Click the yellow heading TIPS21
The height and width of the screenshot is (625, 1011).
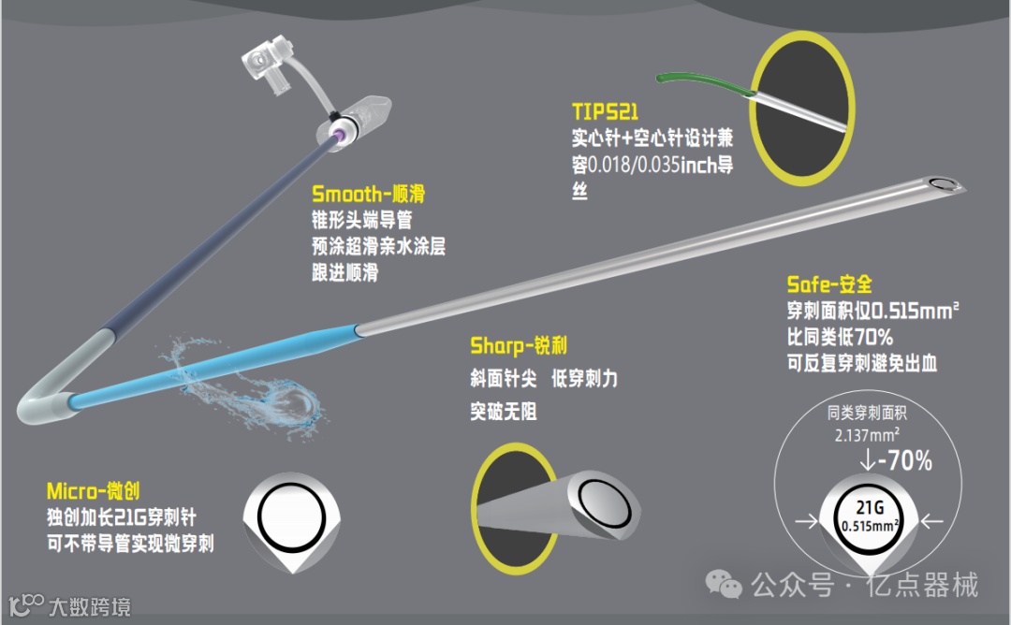coord(605,112)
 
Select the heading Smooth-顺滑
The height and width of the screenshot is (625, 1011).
coord(368,195)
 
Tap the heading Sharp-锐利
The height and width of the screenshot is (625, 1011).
coord(518,347)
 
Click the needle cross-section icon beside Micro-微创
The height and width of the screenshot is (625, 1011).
coord(290,524)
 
